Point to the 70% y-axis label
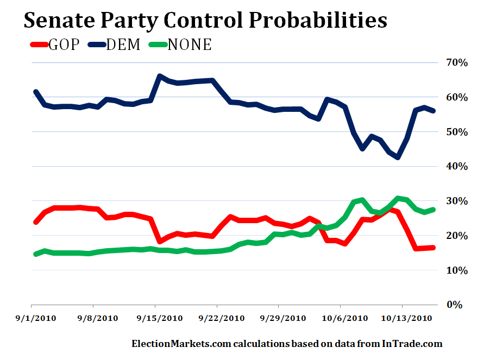point(456,62)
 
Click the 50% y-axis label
point(456,132)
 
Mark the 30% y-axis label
point(456,201)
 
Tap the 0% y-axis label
point(460,305)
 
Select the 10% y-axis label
point(456,270)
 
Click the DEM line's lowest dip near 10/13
point(398,157)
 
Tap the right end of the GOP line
point(433,248)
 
